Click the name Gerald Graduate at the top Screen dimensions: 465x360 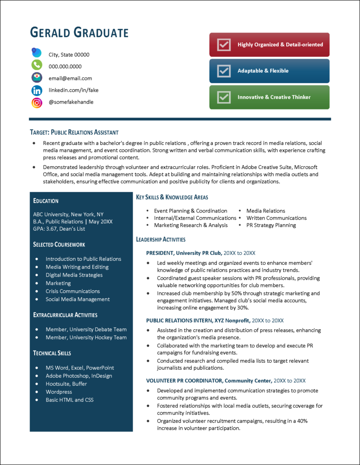tap(79, 33)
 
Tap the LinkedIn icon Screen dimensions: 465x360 tap(37, 90)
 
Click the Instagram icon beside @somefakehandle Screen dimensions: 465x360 tap(37, 103)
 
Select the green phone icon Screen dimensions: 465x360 tap(37, 65)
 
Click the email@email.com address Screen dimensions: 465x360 tap(70, 78)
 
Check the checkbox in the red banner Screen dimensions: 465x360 tap(224, 45)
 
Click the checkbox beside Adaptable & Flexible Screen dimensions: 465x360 tap(224, 71)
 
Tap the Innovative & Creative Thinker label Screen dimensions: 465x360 tap(274, 97)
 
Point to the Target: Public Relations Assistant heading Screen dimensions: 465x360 tap(74, 133)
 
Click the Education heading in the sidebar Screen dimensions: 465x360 tap(46, 201)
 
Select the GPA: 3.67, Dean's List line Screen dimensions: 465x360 tap(59, 229)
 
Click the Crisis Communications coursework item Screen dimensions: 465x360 tap(72, 291)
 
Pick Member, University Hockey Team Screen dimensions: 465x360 tap(86, 337)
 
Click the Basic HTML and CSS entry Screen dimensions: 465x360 tap(70, 400)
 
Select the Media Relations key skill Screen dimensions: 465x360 tap(265, 211)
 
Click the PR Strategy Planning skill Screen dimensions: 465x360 tap(271, 225)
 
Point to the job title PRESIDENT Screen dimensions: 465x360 tap(160, 253)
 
